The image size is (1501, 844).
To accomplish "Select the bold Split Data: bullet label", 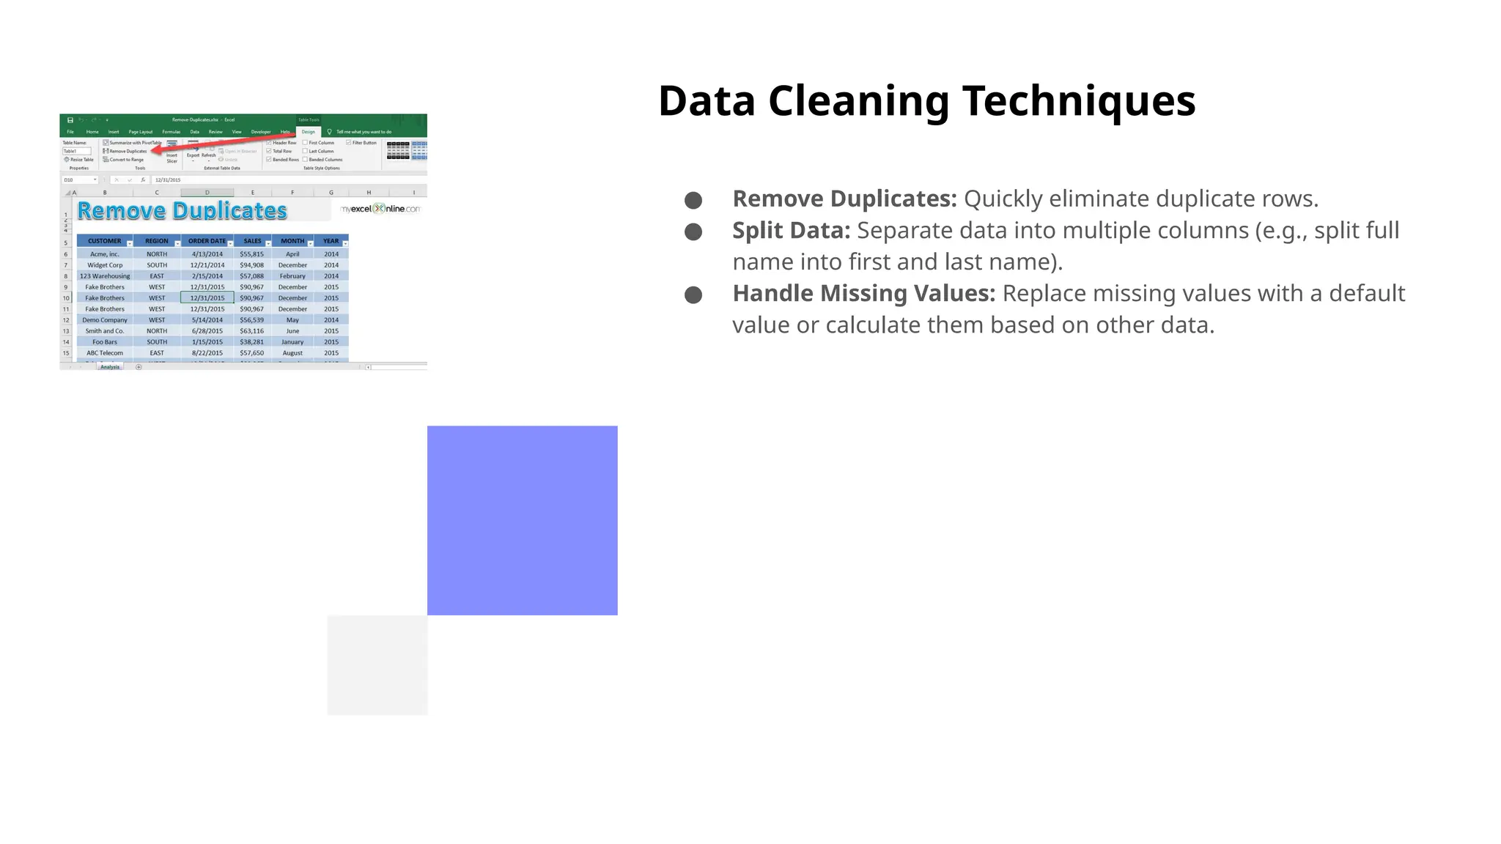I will (x=791, y=231).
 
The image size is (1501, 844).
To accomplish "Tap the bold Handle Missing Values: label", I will (x=863, y=294).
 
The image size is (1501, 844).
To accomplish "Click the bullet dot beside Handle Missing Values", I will (x=693, y=295).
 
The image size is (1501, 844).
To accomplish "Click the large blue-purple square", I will (x=522, y=520).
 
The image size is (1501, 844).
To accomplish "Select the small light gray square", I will (x=377, y=665).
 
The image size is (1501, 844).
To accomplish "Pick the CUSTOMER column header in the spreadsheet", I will (x=104, y=241).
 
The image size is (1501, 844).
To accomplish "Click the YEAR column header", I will (x=331, y=241).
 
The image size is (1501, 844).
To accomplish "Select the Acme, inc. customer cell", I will (x=104, y=254).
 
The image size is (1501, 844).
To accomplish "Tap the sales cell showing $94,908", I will (x=251, y=265).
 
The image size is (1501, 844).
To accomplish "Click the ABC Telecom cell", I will (x=104, y=353).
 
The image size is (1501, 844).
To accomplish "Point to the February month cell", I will (x=292, y=276).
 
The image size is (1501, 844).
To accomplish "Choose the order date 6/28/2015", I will (x=207, y=331).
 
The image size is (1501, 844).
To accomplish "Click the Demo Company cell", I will (x=104, y=320).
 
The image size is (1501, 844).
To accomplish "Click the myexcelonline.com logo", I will (x=380, y=209).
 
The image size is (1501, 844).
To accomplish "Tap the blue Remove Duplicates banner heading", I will (x=182, y=211).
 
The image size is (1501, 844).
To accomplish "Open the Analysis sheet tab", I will (x=110, y=367).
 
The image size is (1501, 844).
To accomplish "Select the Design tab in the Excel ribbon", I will (x=308, y=132).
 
